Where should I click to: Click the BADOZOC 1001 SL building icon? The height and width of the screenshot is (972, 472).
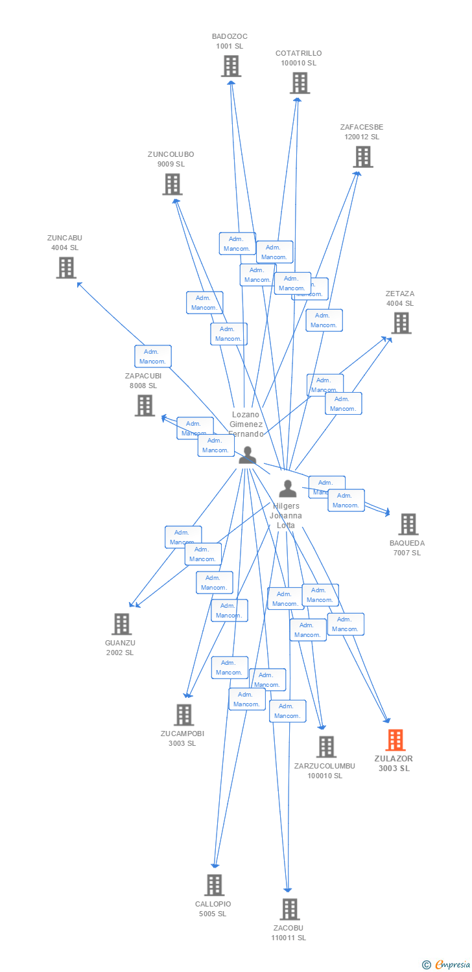coord(231,65)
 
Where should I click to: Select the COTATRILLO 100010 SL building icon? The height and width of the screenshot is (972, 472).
coord(299,82)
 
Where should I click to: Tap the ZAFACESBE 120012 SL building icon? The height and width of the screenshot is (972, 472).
coord(362,156)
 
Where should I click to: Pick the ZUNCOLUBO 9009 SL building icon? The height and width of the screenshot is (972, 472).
coord(172,184)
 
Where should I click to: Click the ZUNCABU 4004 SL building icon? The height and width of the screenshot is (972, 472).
coord(65,268)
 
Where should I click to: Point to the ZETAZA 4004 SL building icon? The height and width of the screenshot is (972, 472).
coord(401,323)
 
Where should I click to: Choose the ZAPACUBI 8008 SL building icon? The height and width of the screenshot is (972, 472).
coord(144,405)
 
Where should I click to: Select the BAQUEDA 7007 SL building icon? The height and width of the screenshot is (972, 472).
coord(408,524)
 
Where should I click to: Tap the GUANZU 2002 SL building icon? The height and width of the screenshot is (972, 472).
coord(121,623)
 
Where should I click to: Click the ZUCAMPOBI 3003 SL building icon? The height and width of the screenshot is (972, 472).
coord(183,714)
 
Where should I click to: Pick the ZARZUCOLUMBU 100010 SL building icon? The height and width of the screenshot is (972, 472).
coord(325,746)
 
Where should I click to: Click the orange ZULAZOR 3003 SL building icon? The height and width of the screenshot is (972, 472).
coord(395,739)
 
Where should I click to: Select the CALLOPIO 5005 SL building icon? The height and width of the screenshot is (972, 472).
coord(214,885)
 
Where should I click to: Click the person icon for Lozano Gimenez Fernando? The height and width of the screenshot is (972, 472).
coord(247,456)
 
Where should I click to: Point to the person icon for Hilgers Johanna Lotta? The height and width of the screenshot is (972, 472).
coord(287,489)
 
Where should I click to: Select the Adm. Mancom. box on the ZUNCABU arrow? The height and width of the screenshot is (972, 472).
coord(153,356)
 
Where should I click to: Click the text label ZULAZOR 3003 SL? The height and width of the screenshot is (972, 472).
coord(394,763)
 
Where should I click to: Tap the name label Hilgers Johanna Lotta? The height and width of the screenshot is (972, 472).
coord(286,516)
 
